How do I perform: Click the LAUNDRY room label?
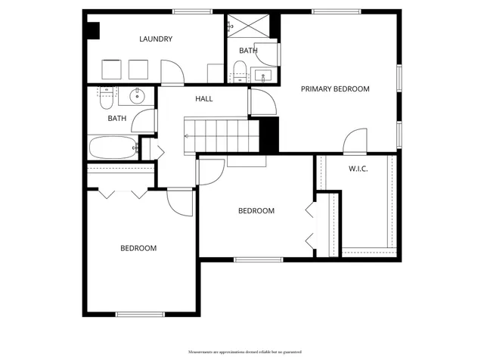[x=157, y=39]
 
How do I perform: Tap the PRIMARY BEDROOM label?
[x=335, y=89]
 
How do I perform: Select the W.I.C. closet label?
[x=358, y=169]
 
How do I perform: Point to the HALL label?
[x=204, y=99]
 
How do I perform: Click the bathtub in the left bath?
[x=112, y=147]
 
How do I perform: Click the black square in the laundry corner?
[x=93, y=30]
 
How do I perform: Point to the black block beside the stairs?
[x=269, y=134]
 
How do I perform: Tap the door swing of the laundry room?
[x=173, y=72]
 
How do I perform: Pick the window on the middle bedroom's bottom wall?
[x=258, y=260]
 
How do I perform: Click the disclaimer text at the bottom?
[x=241, y=352]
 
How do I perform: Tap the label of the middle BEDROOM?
[x=256, y=211]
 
